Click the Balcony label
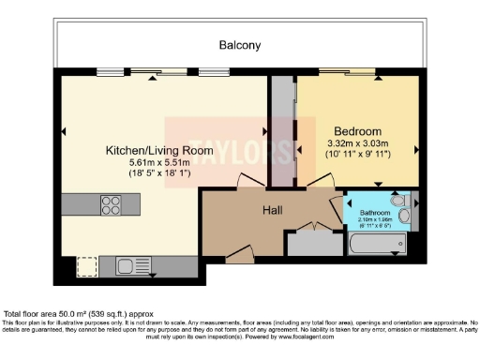point(239,45)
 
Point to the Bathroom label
point(376,213)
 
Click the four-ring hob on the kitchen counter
point(111,205)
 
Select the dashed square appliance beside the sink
point(87,266)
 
